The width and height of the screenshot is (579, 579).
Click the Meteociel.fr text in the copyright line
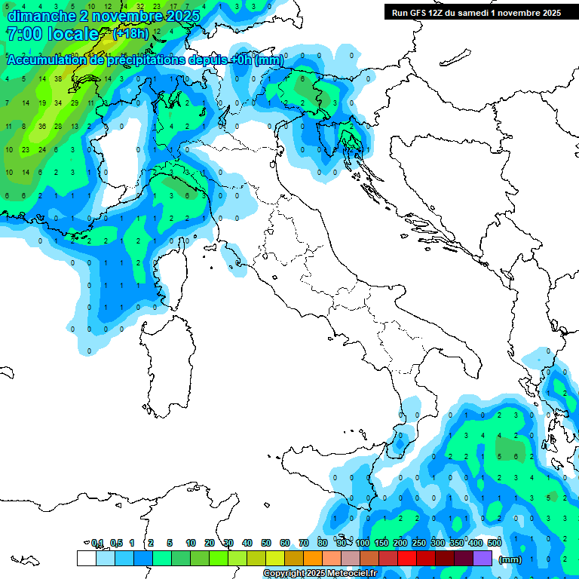point(352,574)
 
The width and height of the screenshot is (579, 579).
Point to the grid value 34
point(58,103)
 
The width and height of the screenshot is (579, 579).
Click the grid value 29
point(75,103)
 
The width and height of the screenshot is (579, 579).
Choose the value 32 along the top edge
point(140,6)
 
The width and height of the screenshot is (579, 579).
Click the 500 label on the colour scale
point(495,543)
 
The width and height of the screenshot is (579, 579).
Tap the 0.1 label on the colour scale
point(97,543)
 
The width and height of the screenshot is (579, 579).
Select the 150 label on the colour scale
point(381,543)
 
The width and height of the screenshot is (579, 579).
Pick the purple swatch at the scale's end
point(482,558)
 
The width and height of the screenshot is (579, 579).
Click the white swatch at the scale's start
point(86,558)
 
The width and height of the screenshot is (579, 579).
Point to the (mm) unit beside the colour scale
point(510,559)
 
